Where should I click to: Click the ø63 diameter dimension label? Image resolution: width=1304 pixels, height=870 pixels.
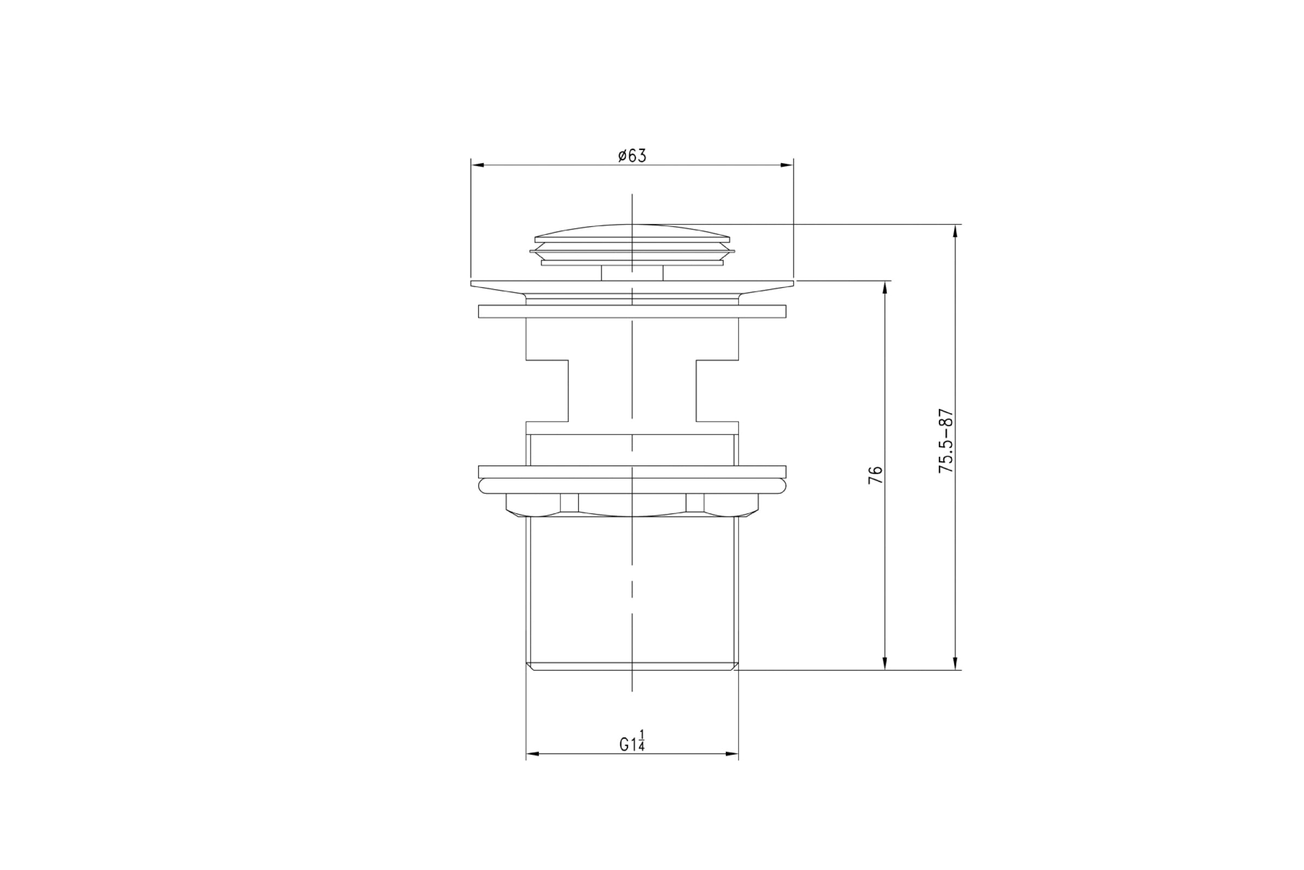[x=632, y=156]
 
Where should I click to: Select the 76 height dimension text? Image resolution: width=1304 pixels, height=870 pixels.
[x=875, y=475]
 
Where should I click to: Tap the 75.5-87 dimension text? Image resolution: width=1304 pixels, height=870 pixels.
[x=946, y=441]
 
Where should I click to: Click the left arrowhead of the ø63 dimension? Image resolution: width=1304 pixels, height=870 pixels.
[x=478, y=165]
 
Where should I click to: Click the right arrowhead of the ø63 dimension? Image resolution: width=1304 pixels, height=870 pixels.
[x=787, y=165]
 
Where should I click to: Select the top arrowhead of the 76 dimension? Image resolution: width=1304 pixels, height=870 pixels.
[x=885, y=288]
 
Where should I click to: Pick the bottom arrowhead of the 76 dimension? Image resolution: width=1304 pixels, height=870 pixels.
[x=885, y=663]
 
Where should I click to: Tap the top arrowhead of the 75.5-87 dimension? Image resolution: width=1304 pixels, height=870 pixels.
[x=955, y=231]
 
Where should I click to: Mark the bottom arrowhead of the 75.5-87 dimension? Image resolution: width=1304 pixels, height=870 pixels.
[x=955, y=663]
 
